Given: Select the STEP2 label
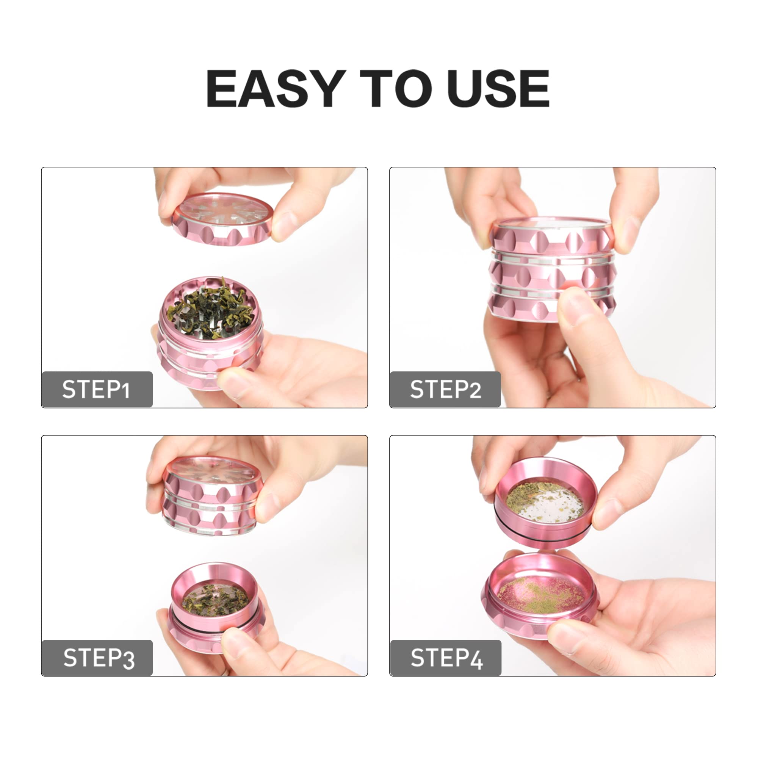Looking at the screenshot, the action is pyautogui.click(x=445, y=389).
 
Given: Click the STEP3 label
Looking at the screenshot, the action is pyautogui.click(x=99, y=658).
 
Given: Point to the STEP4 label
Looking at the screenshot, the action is pyautogui.click(x=446, y=658).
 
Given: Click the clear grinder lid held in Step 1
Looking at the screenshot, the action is pyautogui.click(x=222, y=219).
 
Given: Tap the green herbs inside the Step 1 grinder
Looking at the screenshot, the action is pyautogui.click(x=210, y=309).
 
